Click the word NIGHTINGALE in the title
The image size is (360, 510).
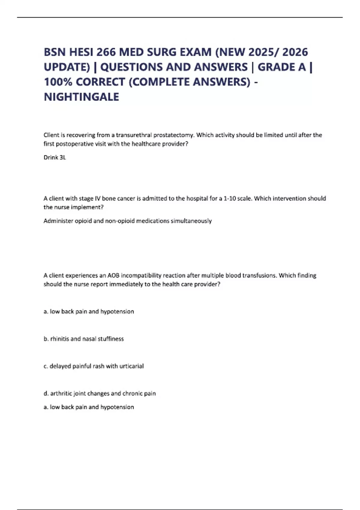point(81,97)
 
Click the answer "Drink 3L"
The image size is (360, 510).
point(55,157)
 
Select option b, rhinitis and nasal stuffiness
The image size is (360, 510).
point(84,339)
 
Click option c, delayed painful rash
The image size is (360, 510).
point(94,366)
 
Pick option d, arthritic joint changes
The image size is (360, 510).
point(100,393)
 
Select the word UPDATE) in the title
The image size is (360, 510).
point(67,67)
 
